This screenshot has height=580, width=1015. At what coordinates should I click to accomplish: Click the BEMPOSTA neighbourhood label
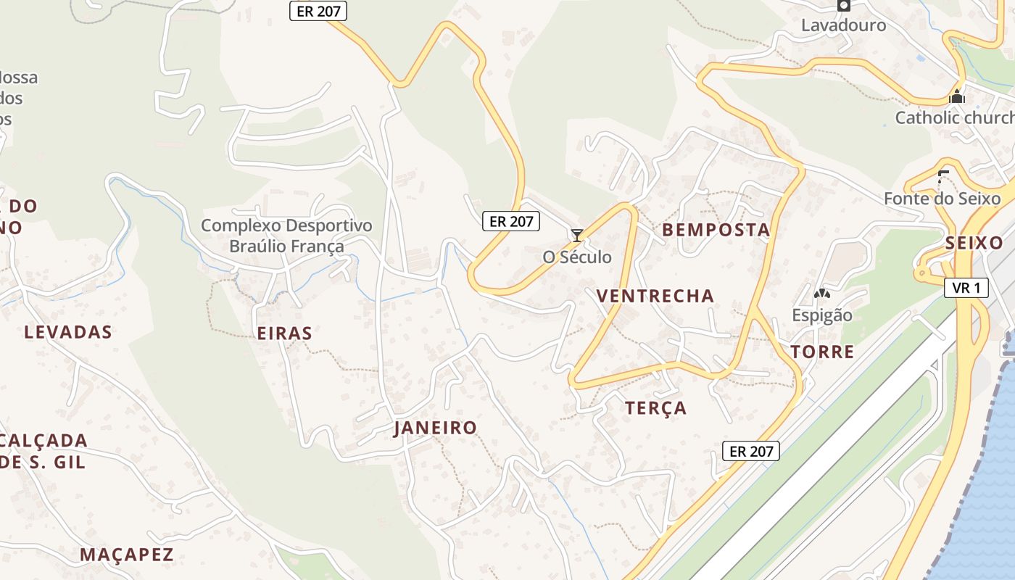pyautogui.click(x=716, y=231)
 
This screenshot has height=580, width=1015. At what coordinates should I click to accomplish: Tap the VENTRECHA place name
pyautogui.click(x=655, y=296)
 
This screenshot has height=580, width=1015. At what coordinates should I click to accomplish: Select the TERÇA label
pyautogui.click(x=656, y=408)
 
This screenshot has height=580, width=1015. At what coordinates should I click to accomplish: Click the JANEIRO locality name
pyautogui.click(x=435, y=428)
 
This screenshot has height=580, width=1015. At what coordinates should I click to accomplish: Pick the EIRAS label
pyautogui.click(x=285, y=333)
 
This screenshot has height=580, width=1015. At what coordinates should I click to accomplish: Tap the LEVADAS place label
pyautogui.click(x=68, y=332)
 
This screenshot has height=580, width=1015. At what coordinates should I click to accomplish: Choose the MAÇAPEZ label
pyautogui.click(x=127, y=555)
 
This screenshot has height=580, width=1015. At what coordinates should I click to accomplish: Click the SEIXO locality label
pyautogui.click(x=974, y=243)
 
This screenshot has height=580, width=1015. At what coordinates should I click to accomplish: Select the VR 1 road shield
pyautogui.click(x=966, y=288)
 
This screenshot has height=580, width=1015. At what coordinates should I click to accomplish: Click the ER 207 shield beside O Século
pyautogui.click(x=511, y=222)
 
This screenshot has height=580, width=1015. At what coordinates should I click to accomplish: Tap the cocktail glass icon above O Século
pyautogui.click(x=577, y=235)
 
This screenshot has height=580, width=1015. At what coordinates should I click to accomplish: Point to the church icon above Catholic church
pyautogui.click(x=957, y=96)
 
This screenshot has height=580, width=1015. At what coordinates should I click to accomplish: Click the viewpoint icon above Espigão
pyautogui.click(x=821, y=294)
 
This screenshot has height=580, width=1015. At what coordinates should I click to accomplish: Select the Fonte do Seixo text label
pyautogui.click(x=942, y=199)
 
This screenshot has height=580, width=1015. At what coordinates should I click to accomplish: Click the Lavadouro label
pyautogui.click(x=843, y=25)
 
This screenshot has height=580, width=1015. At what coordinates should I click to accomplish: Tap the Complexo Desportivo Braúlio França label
pyautogui.click(x=286, y=236)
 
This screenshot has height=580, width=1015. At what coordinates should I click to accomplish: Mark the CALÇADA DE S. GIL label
pyautogui.click(x=43, y=451)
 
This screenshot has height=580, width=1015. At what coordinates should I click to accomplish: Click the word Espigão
pyautogui.click(x=821, y=315)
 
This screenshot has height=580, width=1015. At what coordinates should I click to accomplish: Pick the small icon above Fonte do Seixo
pyautogui.click(x=942, y=174)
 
